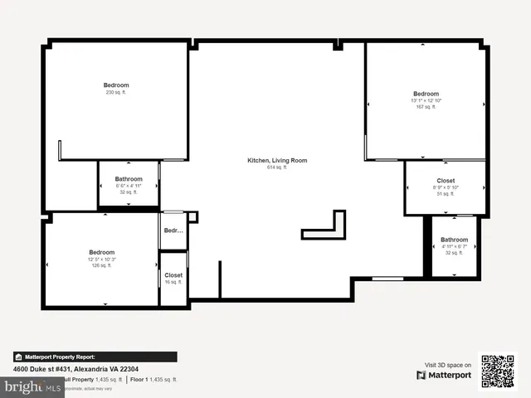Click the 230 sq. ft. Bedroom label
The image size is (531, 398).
coord(116,85)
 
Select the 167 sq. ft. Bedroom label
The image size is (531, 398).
coord(426,94)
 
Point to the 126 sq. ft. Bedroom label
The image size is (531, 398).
coord(102,252)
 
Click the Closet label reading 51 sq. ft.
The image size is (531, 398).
coord(446,181)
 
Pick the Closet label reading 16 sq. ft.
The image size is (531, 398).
coord(173,275)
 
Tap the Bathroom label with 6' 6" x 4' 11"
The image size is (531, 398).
coord(129,179)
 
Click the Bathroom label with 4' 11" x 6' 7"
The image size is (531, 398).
coord(454,240)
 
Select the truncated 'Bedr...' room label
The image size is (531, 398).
coord(173,231)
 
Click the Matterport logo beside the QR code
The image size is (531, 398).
coord(445,376)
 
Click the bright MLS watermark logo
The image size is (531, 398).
coord(25,387)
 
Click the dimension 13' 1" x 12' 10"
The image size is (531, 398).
coord(426,100)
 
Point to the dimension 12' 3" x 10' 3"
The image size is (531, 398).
coord(102,260)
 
